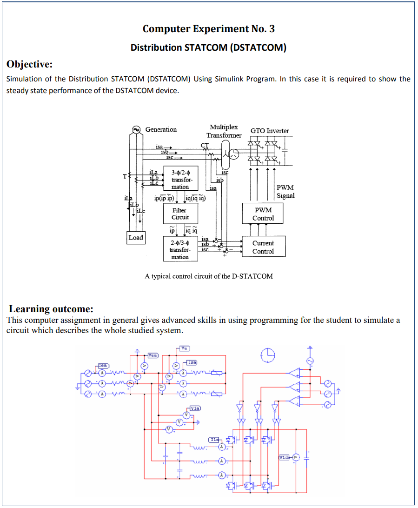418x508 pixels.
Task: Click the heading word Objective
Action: click(29, 64)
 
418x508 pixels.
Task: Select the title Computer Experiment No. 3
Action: click(208, 29)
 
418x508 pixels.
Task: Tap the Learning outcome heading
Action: click(51, 309)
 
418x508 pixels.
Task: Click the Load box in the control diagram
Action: click(136, 237)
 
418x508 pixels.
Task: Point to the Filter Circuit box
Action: click(180, 214)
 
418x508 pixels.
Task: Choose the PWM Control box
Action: click(263, 214)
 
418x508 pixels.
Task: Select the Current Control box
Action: click(263, 247)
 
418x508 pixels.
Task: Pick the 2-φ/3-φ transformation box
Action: click(180, 249)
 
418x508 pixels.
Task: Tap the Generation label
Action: click(161, 129)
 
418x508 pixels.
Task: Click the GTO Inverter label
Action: click(270, 131)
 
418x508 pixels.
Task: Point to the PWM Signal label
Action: click(285, 192)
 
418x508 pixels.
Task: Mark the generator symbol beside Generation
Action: click(136, 129)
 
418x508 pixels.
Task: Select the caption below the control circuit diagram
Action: click(209, 276)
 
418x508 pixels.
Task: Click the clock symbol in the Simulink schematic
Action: click(268, 355)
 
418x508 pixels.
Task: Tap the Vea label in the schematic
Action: click(153, 355)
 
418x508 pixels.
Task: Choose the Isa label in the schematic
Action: click(192, 362)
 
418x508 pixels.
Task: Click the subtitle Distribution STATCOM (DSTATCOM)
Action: click(208, 47)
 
